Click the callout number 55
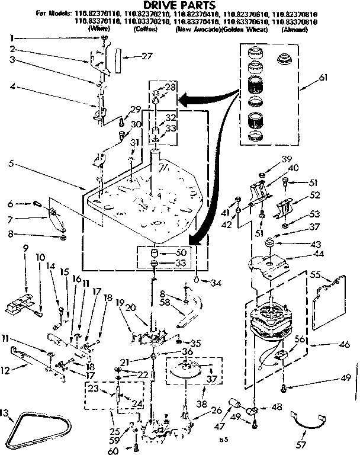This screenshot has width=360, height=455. click(314, 275)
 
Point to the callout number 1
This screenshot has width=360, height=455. click(12, 39)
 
